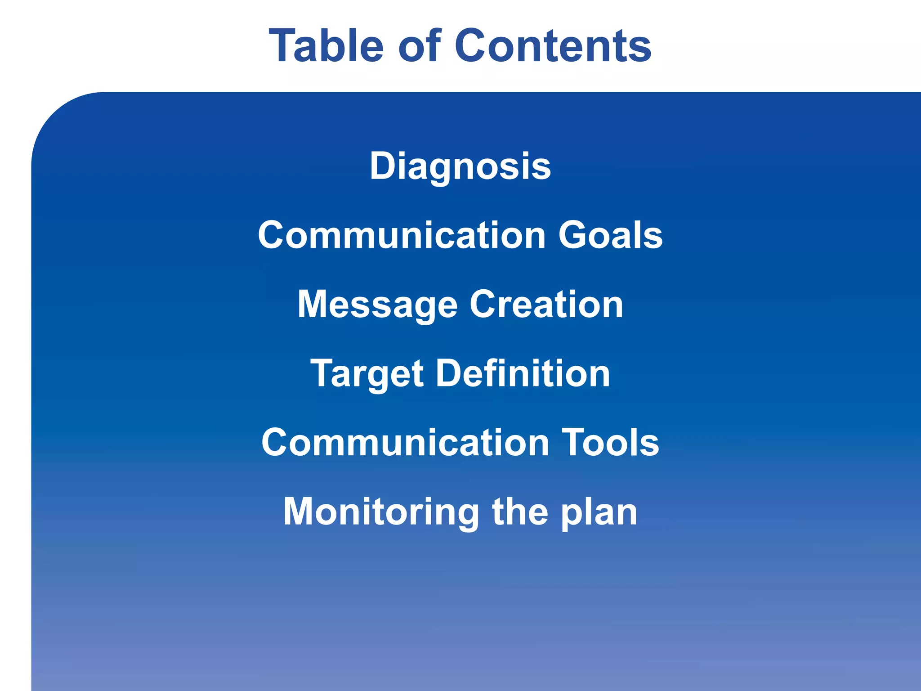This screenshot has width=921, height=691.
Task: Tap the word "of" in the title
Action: (419, 45)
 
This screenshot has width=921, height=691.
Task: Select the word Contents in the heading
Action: (553, 45)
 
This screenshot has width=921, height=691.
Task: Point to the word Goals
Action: (610, 235)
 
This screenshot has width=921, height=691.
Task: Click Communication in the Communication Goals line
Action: (402, 235)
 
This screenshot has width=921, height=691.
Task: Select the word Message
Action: (377, 305)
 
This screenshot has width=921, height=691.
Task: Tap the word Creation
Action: (546, 304)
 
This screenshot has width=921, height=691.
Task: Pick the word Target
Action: (367, 374)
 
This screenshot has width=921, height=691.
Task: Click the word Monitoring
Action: (381, 512)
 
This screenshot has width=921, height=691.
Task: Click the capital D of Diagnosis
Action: (384, 166)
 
